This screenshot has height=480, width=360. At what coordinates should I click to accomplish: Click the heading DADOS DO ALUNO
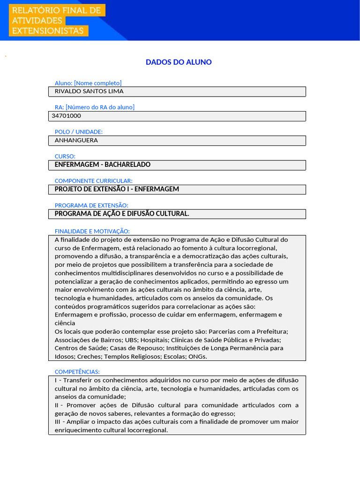[x=179, y=62]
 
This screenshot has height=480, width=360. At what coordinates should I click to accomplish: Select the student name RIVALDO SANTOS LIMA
[x=89, y=91]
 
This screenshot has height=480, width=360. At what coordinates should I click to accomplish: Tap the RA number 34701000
[x=66, y=116]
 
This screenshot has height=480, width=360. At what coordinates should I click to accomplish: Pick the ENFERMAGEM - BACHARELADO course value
[x=103, y=165]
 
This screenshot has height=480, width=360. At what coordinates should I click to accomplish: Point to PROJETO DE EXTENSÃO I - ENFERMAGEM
[x=117, y=189]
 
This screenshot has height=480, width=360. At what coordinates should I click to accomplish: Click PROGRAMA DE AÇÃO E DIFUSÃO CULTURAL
[x=122, y=214]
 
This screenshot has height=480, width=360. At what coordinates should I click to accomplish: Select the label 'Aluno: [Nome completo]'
[x=88, y=83]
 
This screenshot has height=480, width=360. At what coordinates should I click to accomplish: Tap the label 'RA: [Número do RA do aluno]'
[x=95, y=107]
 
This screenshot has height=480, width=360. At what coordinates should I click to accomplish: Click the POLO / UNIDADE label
[x=79, y=132]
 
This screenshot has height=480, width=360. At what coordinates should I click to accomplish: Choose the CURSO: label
[x=65, y=156]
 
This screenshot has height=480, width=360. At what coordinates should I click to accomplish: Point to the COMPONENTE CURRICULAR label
[x=94, y=180]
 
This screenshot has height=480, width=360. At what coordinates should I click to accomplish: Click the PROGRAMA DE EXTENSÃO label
[x=91, y=205]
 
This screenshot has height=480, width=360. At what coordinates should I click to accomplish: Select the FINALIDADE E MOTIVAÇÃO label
[x=92, y=231]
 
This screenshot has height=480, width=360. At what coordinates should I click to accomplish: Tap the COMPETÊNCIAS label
[x=77, y=372]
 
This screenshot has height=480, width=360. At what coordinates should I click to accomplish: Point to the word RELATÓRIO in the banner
[x=35, y=10]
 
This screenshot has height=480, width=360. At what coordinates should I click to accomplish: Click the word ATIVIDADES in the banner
[x=37, y=21]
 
